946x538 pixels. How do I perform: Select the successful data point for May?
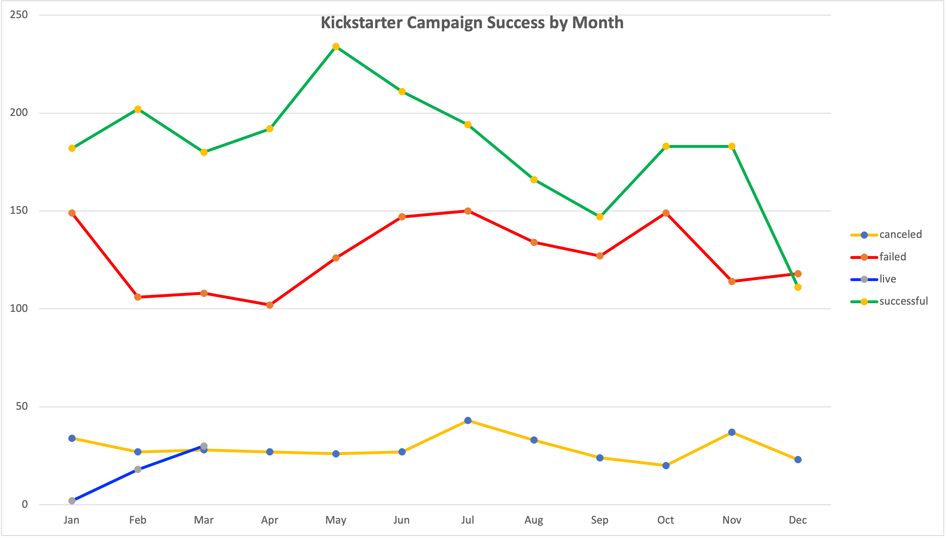click(x=336, y=47)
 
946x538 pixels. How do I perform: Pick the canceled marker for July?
click(x=468, y=421)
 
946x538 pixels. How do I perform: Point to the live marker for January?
click(x=72, y=501)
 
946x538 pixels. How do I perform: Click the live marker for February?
click(x=138, y=469)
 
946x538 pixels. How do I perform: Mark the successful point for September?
click(x=600, y=217)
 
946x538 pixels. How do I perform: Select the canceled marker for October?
click(x=666, y=465)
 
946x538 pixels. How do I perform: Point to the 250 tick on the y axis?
click(x=19, y=15)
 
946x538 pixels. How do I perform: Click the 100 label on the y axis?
click(x=19, y=308)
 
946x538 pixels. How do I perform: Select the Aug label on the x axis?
click(x=534, y=520)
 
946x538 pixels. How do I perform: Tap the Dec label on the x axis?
click(x=798, y=520)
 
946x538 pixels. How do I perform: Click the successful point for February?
click(x=138, y=109)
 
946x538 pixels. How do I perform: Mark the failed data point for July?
click(x=468, y=211)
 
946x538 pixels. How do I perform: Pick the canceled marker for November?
click(x=732, y=432)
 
